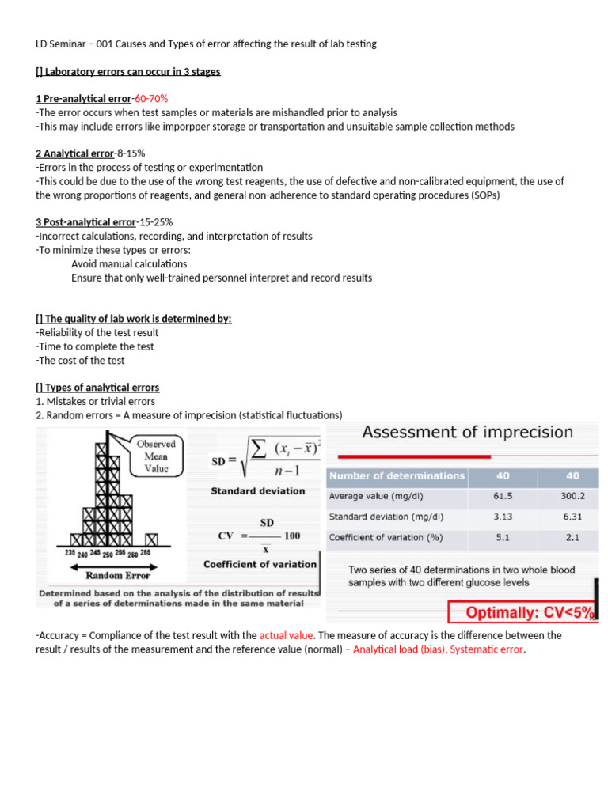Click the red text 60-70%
pos(150,99)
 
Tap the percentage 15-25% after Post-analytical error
pos(157,222)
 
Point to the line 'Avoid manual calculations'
pos(129,263)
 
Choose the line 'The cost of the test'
pos(80,360)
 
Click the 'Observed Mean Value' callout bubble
pos(155,456)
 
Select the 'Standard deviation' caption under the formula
pos(257,491)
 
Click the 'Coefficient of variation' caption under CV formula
pos(260,564)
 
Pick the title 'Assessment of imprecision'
pos(467,432)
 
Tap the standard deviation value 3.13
pos(503,517)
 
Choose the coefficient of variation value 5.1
pos(503,538)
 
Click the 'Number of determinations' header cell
pos(397,475)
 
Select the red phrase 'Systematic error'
pos(486,649)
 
